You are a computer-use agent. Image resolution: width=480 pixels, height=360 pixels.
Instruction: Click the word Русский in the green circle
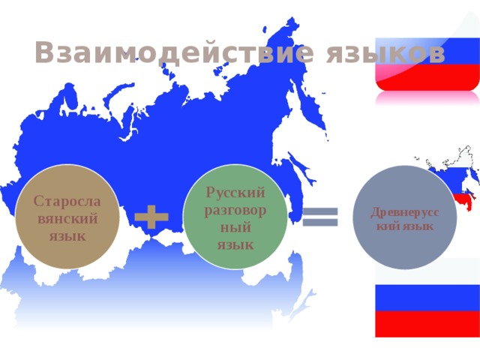pos(235,193)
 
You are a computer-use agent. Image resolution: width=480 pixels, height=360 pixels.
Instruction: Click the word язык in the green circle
pos(235,244)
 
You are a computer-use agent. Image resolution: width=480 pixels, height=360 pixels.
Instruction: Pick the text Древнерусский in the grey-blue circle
pos(404,213)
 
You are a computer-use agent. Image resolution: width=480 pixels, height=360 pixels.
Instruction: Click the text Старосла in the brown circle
pos(67,202)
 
